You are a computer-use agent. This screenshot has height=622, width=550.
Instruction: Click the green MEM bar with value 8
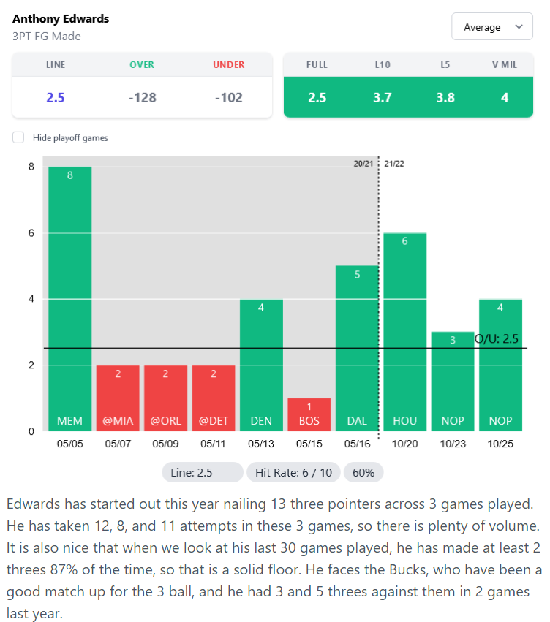click(70, 299)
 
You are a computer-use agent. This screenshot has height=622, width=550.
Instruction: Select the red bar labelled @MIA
click(118, 398)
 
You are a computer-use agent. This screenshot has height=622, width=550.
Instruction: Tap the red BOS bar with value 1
click(309, 414)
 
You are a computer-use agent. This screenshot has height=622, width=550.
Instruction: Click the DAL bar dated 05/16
click(357, 348)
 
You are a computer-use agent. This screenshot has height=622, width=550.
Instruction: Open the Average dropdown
click(492, 27)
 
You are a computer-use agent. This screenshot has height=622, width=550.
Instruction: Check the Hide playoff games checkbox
click(18, 137)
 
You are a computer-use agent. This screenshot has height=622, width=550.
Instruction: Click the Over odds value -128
click(142, 97)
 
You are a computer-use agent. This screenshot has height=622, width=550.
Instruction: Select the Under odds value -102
click(228, 97)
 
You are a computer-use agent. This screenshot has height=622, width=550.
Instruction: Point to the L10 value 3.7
click(382, 97)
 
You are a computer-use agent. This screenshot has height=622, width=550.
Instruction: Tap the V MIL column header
click(505, 65)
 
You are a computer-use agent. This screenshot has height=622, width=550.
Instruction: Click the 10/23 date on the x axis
click(453, 444)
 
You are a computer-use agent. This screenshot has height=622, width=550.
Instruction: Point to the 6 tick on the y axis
click(31, 233)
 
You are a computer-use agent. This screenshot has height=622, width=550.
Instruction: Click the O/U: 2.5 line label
click(497, 339)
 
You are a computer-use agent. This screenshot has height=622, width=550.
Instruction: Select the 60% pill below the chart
click(363, 472)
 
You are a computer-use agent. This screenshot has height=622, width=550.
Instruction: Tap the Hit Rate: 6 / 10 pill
click(293, 472)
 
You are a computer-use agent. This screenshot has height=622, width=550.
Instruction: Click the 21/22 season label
click(394, 164)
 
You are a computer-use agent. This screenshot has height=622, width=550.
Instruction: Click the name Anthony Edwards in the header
click(61, 19)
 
